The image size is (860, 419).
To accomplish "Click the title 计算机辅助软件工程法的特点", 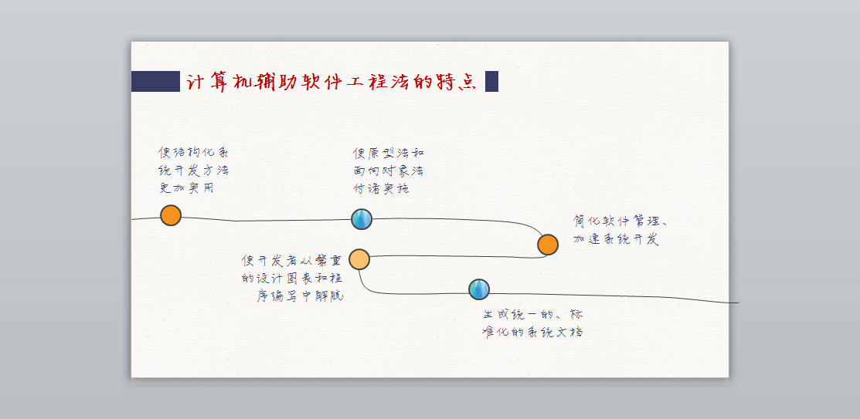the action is point(331,81).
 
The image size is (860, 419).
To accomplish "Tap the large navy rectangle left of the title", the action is point(155,81).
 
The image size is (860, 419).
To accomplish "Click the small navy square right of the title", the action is point(491,81).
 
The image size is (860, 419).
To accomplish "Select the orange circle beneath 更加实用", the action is point(171,215).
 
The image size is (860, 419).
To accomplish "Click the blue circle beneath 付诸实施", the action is point(362,219).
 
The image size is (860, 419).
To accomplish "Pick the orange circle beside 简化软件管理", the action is point(548,245).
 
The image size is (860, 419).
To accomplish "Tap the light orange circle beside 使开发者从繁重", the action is point(359,259).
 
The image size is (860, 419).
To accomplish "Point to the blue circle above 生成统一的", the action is point(479,289).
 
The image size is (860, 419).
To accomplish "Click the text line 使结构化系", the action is point(193,153).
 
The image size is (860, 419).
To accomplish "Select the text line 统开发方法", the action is point(193,171).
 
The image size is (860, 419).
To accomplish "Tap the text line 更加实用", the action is point(186,188).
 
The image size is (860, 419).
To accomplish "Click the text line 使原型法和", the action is point(388,154).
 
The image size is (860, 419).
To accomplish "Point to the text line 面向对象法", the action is point(388,171).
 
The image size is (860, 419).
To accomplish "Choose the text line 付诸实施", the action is point(381,188).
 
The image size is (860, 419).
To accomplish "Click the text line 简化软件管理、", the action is point(620,221).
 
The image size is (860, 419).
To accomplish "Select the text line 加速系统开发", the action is point(616,239).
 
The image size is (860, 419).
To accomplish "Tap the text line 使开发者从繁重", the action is point(291,261).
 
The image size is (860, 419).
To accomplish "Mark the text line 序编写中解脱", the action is point(300,296).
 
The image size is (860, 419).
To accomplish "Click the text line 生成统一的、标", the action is point(533,315).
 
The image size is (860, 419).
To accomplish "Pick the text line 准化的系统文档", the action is point(532,333).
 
